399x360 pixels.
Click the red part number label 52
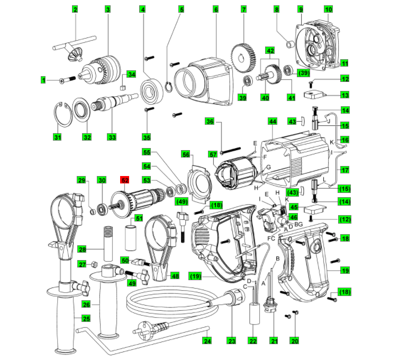(x=125, y=180)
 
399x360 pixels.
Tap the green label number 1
(x=43, y=80)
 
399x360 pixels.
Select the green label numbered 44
(x=273, y=121)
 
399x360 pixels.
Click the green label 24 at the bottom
(x=207, y=340)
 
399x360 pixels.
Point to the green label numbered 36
(x=210, y=121)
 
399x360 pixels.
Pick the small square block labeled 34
(x=123, y=88)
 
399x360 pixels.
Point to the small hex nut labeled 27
(x=94, y=264)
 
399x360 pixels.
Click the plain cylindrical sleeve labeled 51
(x=131, y=238)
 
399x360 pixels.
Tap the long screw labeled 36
(x=230, y=151)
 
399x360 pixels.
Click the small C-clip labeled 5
(x=168, y=87)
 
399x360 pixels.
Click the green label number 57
(x=213, y=154)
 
